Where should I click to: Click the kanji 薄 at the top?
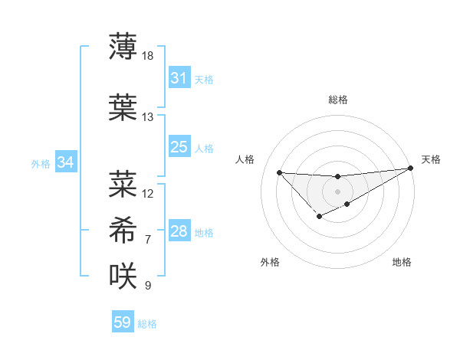pyautogui.click(x=123, y=47)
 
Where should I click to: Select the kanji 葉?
pyautogui.click(x=123, y=106)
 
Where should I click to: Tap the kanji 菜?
pyautogui.click(x=123, y=183)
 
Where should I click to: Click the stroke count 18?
pyautogui.click(x=148, y=57)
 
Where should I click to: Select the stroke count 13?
pyautogui.click(x=148, y=117)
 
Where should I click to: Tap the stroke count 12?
pyautogui.click(x=148, y=194)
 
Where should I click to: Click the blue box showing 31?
pyautogui.click(x=179, y=78)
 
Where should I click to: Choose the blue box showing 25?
pyautogui.click(x=179, y=147)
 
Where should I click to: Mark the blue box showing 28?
pyautogui.click(x=179, y=231)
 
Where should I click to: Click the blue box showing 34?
pyautogui.click(x=65, y=162)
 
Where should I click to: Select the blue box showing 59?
pyautogui.click(x=122, y=322)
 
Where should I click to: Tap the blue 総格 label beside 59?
pyautogui.click(x=147, y=324)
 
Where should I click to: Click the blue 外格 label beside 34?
pyautogui.click(x=41, y=163)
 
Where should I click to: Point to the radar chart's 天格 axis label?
pyautogui.click(x=431, y=159)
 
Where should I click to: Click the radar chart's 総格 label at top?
pyautogui.click(x=337, y=100)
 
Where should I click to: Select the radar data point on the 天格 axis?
pyautogui.click(x=412, y=169)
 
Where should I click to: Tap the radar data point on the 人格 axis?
pyautogui.click(x=279, y=172)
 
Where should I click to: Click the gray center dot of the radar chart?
pyautogui.click(x=337, y=191)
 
